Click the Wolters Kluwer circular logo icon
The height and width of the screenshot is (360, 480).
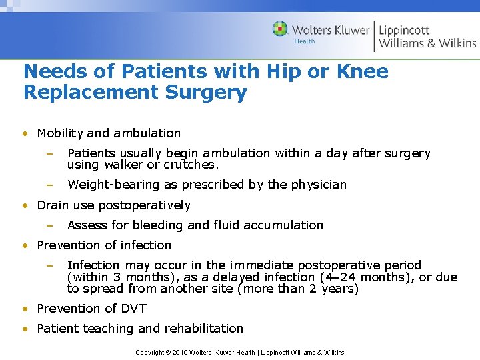pos(280,29)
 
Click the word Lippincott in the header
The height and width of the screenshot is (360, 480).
pos(404,30)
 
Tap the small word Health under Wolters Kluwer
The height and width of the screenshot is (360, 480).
pos(304,41)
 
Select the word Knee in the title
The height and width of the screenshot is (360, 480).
pos(361,71)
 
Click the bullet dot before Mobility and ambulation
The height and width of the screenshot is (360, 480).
pos(26,133)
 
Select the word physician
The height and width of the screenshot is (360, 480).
pos(317,185)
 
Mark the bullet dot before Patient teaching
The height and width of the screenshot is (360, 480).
pos(26,329)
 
